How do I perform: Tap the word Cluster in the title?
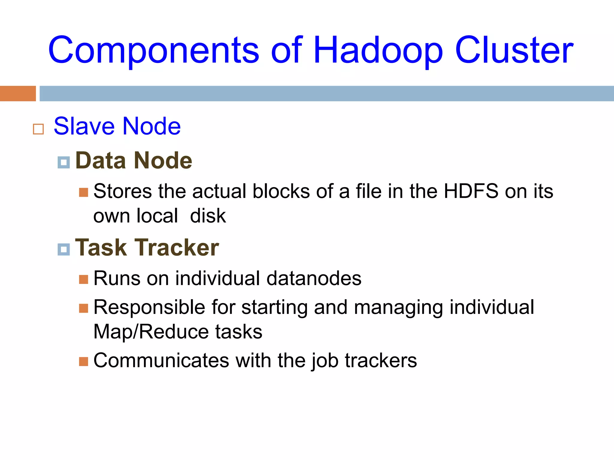pos(514,50)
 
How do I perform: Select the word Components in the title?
pos(153,50)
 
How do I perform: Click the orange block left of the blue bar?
pos(18,93)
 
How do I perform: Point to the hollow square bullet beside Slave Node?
pos(38,129)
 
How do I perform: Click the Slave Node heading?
pos(117,126)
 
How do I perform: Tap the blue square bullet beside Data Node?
pos(64,162)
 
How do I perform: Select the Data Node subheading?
pos(134,161)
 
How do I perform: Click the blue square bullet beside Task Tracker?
pos(64,249)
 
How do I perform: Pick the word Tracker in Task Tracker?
pos(177,248)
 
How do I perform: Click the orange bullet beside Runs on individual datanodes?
pos(84,279)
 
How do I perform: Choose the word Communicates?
pos(161,360)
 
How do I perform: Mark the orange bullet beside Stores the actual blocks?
pos(84,192)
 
